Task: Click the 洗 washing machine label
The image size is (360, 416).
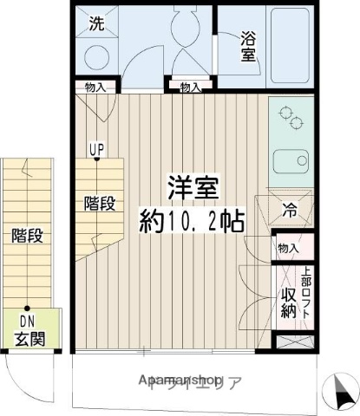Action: coord(97,24)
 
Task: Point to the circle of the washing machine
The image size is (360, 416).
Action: coord(97,55)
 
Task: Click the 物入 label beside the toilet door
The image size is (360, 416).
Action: coord(190,87)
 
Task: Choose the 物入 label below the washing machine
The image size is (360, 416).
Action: coord(95,87)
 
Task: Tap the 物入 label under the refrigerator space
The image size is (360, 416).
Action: coord(288,249)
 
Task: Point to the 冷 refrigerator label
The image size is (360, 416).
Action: coord(289,208)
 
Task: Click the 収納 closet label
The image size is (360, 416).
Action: coord(288,303)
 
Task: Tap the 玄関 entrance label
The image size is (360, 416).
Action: coord(29,338)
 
